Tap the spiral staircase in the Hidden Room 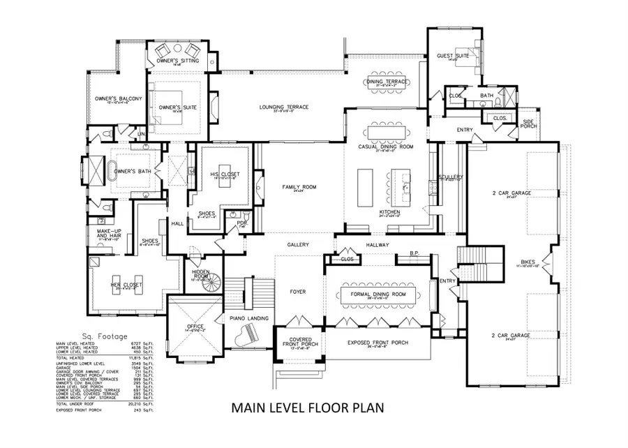tap(210, 282)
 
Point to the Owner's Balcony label tap(118, 99)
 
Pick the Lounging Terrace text tap(283, 107)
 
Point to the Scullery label tap(448, 177)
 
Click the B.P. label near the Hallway tap(413, 253)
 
